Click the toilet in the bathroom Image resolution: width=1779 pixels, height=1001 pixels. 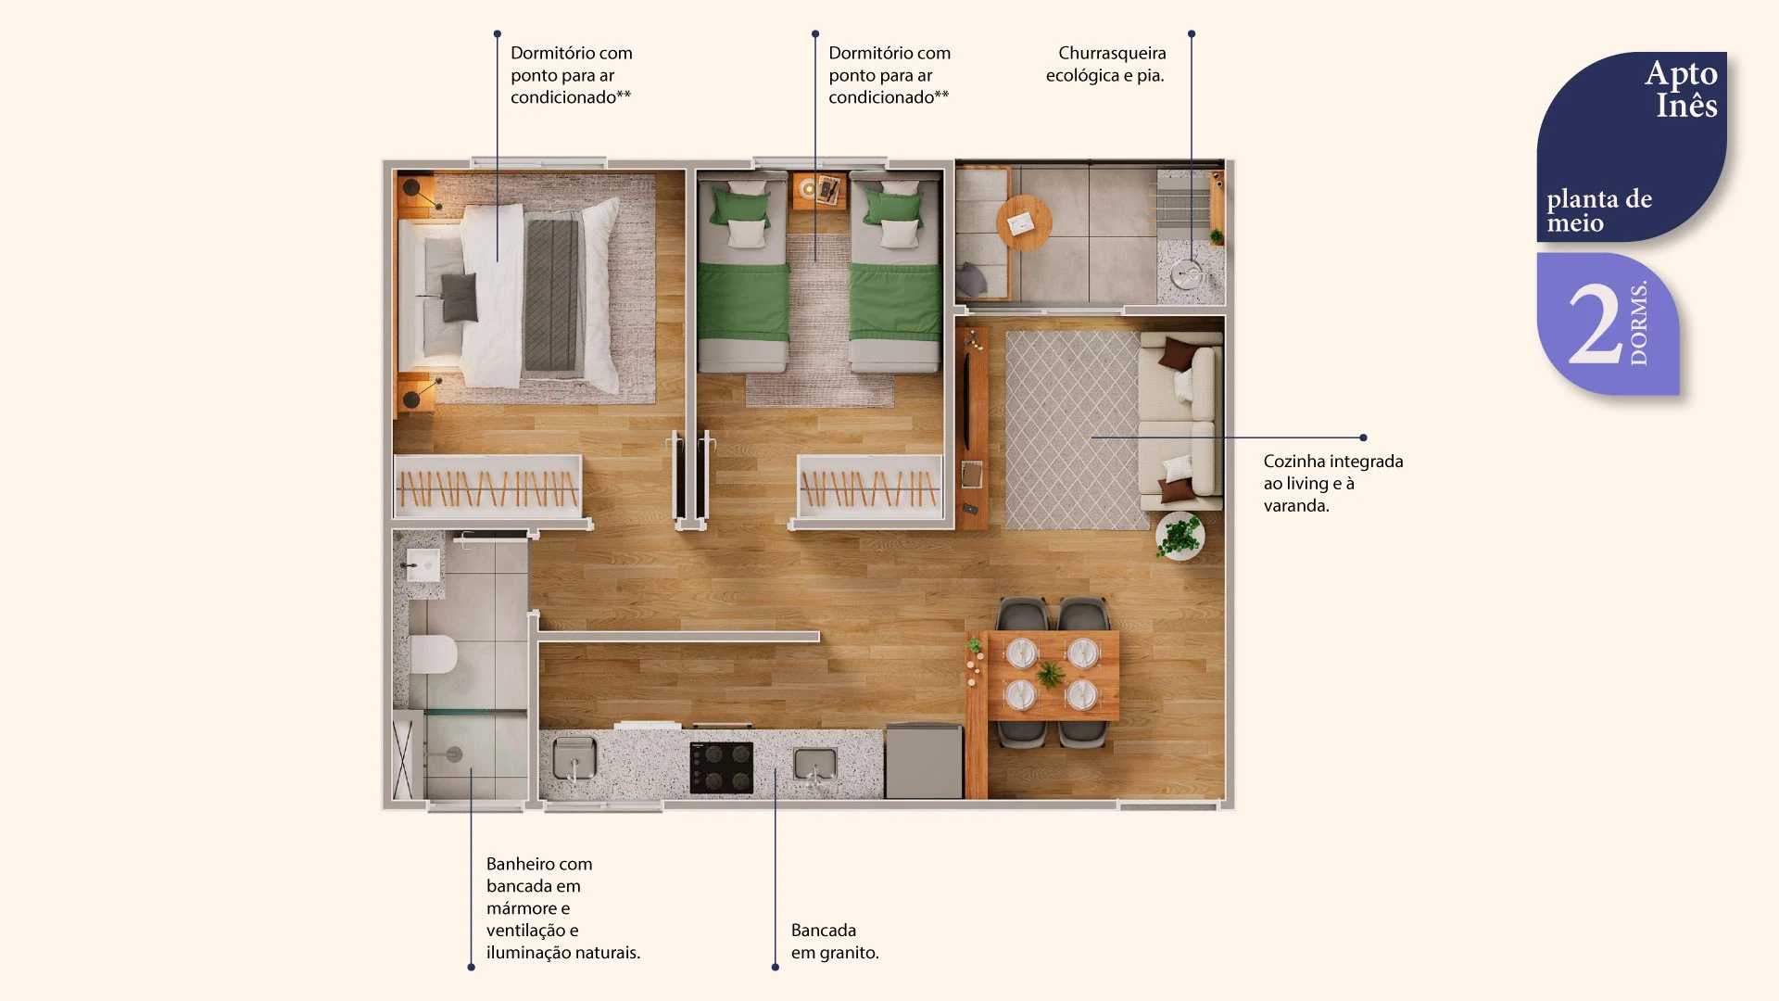433,654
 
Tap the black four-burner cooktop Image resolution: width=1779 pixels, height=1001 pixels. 722,767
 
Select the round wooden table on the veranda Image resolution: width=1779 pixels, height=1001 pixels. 1024,222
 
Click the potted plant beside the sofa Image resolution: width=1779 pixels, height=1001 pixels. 1180,536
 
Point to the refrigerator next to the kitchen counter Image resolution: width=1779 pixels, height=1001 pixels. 924,761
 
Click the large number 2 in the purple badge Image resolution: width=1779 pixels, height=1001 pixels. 1596,324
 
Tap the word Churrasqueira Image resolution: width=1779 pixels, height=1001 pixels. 1112,53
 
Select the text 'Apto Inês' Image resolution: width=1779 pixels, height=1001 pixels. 1682,89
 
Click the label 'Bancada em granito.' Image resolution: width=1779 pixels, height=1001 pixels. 835,941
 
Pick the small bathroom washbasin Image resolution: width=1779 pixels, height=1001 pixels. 423,564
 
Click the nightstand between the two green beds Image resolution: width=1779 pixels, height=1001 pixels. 818,191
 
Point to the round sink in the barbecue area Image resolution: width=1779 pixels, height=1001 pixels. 1186,274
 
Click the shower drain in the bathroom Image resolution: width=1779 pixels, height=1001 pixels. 454,754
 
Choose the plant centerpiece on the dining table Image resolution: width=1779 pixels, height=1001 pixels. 1051,674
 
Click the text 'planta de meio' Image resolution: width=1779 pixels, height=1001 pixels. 1599,210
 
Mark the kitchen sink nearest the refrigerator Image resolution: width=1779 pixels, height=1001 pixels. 815,766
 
